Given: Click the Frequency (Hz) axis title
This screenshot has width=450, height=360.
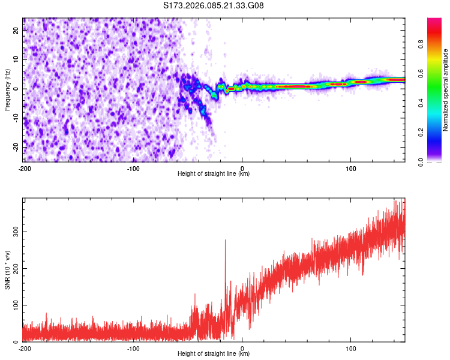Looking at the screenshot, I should tap(7, 89).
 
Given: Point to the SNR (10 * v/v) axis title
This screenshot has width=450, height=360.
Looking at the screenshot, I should tap(7, 271).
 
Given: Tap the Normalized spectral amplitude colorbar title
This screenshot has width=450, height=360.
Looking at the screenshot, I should tap(446, 90).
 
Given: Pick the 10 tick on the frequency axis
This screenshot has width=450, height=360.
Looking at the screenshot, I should tap(16, 60).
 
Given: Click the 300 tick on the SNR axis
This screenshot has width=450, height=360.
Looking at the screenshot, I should tap(14, 231).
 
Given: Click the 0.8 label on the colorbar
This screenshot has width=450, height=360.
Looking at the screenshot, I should tap(437, 44).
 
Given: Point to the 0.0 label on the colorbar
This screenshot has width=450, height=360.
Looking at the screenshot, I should tap(437, 161).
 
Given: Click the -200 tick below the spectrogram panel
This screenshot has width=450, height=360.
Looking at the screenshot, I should tap(25, 167).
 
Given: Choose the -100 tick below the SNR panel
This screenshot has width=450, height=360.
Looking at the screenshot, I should tap(133, 348).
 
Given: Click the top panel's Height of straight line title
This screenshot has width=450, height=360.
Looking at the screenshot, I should tap(214, 174).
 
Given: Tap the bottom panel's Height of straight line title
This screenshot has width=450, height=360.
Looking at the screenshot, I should tap(214, 354).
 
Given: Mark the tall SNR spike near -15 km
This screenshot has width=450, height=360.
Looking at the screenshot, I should tap(226, 241).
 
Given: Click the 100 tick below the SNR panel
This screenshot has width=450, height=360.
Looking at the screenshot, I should tap(350, 348).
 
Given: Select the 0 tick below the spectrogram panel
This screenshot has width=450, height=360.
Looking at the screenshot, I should tap(242, 167).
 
